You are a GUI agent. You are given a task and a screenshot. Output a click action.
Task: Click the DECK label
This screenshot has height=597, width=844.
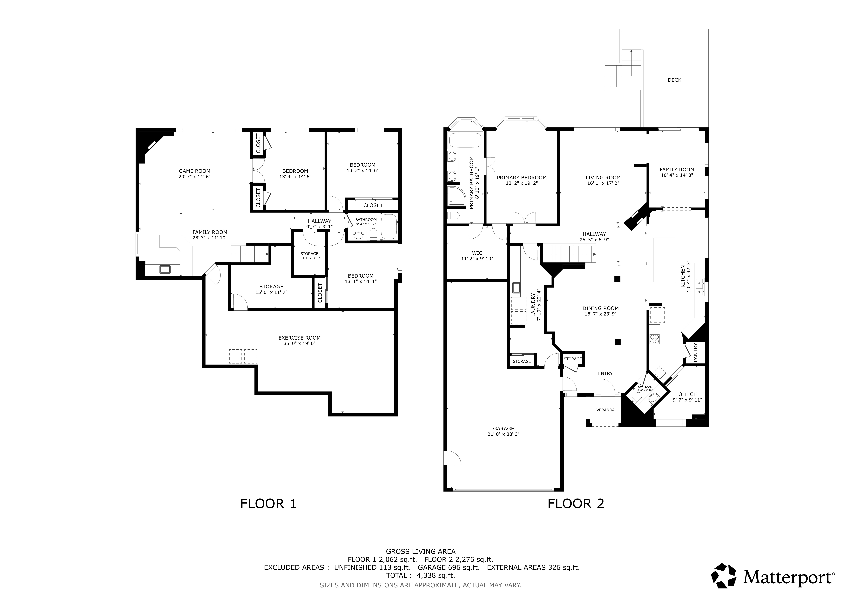pos(674,80)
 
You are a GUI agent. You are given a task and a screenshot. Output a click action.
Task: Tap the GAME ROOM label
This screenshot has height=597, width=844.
pos(194,171)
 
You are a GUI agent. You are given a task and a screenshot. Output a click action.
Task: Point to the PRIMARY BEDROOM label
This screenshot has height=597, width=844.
pos(522,178)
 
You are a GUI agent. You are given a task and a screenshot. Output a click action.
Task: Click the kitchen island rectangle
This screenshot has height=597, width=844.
pos(664,260)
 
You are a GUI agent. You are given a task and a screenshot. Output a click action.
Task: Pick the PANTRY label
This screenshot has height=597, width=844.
pos(695,353)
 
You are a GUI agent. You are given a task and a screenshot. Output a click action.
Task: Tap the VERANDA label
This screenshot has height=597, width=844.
pos(605,410)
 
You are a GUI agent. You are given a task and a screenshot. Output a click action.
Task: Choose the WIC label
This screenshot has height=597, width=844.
pos(477,253)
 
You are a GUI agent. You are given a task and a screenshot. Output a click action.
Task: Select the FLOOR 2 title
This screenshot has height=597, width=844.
pos(576,504)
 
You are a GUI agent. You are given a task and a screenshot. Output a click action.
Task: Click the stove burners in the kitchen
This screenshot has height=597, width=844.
pos(654,339)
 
